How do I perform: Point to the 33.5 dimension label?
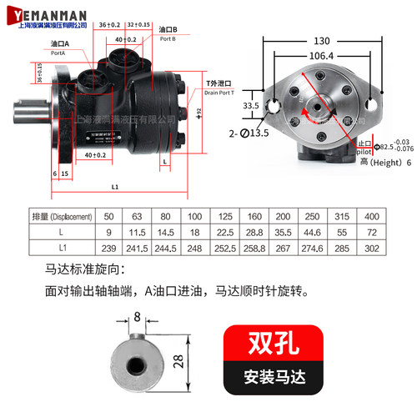(251, 107)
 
